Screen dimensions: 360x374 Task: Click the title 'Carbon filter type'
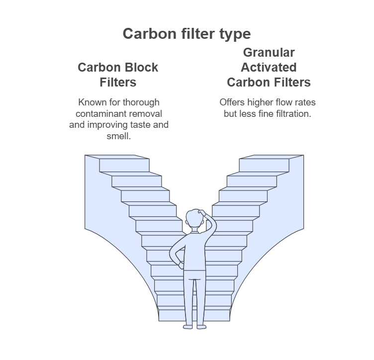pyautogui.click(x=187, y=34)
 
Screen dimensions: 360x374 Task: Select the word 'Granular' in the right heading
pyautogui.click(x=269, y=53)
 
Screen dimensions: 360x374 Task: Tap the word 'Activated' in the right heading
pyautogui.click(x=269, y=67)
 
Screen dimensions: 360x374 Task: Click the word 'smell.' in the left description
pyautogui.click(x=119, y=135)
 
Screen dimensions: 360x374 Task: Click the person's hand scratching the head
pyautogui.click(x=202, y=214)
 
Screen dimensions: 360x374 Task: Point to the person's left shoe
pyautogui.click(x=187, y=326)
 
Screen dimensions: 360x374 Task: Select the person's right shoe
pyautogui.click(x=201, y=326)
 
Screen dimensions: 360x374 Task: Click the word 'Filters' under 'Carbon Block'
pyautogui.click(x=118, y=82)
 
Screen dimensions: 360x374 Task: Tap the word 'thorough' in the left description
pyautogui.click(x=142, y=102)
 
